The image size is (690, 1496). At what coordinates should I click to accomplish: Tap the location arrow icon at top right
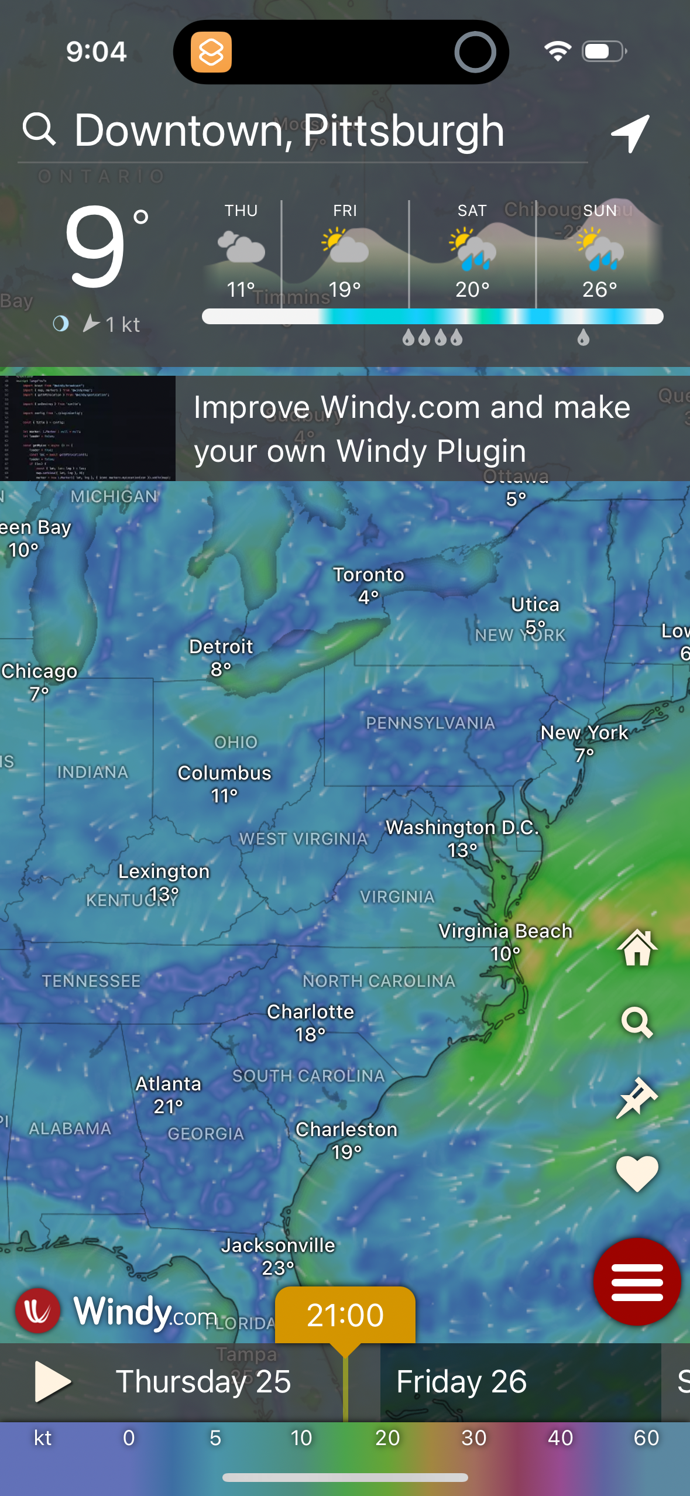click(x=630, y=133)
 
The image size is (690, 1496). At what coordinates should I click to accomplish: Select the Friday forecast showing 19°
click(x=345, y=252)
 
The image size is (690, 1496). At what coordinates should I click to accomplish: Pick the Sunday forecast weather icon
click(x=600, y=249)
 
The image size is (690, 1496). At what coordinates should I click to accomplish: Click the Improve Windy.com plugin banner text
click(x=412, y=428)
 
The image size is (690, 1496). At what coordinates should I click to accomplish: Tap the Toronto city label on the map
click(x=369, y=575)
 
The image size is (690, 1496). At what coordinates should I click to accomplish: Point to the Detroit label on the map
click(x=221, y=647)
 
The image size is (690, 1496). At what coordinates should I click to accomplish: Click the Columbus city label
click(x=225, y=773)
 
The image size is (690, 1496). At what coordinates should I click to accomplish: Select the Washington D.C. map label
click(x=462, y=828)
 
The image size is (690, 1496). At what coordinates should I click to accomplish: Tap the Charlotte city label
click(x=311, y=1012)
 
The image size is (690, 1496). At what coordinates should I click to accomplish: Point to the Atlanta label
click(x=169, y=1084)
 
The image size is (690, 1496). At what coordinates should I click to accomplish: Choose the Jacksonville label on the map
click(x=278, y=1245)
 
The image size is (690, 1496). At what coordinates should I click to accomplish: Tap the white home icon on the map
click(x=637, y=948)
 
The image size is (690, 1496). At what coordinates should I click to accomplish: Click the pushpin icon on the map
click(x=637, y=1097)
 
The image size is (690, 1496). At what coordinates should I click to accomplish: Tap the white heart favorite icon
click(x=637, y=1174)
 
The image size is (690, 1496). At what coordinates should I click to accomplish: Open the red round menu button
click(x=637, y=1281)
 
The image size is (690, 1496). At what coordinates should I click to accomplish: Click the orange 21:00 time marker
click(x=345, y=1315)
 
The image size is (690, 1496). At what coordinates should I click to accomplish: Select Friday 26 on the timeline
click(x=462, y=1382)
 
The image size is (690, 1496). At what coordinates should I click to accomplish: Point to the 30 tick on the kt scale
click(x=474, y=1438)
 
